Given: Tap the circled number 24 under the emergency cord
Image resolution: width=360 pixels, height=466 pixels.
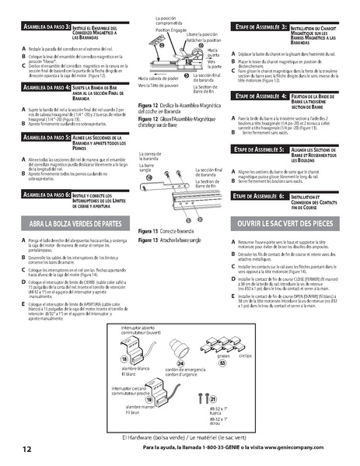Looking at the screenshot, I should [181, 363].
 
